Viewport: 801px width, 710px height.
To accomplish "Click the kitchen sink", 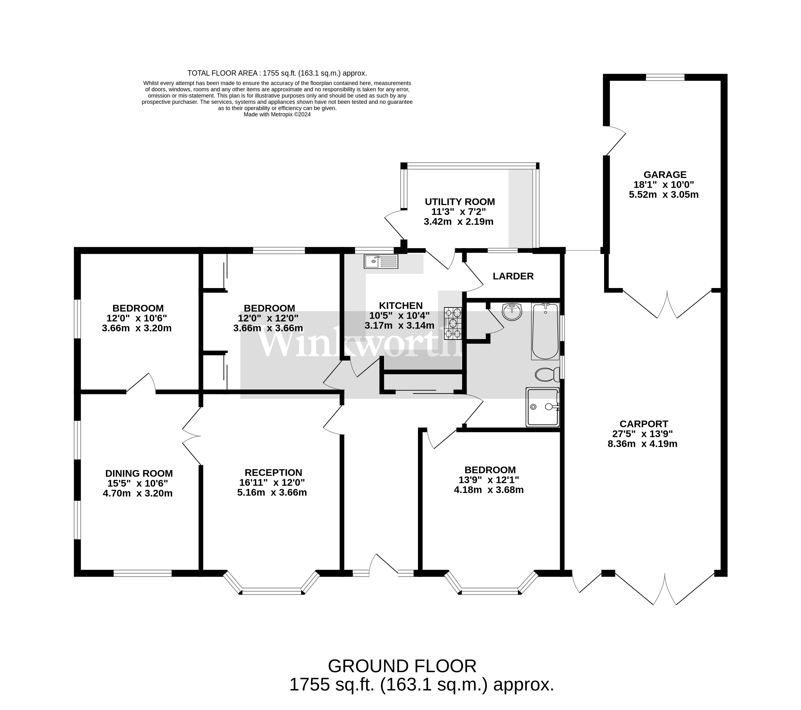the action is (x=381, y=261).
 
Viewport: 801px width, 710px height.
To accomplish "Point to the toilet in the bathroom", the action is (x=547, y=374).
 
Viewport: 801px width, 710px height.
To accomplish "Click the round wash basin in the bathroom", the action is (x=512, y=312).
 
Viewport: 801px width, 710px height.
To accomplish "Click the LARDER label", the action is (x=513, y=276).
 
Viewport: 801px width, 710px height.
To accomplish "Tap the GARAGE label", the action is (x=665, y=174).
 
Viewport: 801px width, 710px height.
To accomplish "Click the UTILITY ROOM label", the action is (x=460, y=202).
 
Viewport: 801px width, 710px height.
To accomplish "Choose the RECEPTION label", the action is (x=273, y=473).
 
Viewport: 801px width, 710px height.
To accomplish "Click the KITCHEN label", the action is (x=401, y=305).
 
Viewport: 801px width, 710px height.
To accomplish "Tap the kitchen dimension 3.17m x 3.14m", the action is (x=399, y=325).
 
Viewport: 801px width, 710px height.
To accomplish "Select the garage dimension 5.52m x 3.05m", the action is (x=664, y=195).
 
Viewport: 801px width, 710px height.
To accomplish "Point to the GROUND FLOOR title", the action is (x=402, y=666).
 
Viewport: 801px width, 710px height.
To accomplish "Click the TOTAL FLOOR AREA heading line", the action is (x=277, y=73).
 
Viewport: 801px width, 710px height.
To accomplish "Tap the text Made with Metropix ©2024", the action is (x=277, y=115).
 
